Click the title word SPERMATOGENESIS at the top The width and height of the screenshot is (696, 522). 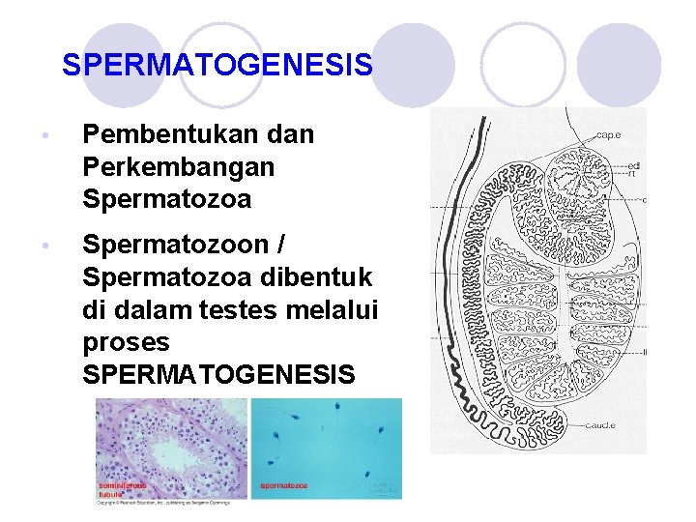click(217, 66)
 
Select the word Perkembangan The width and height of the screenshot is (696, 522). click(179, 166)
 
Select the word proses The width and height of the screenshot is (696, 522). click(126, 342)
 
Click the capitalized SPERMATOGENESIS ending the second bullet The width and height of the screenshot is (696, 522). click(219, 375)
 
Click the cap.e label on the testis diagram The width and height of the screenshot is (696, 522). click(608, 134)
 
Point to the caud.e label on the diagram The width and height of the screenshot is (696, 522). click(600, 425)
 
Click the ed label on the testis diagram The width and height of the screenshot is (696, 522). click(634, 165)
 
